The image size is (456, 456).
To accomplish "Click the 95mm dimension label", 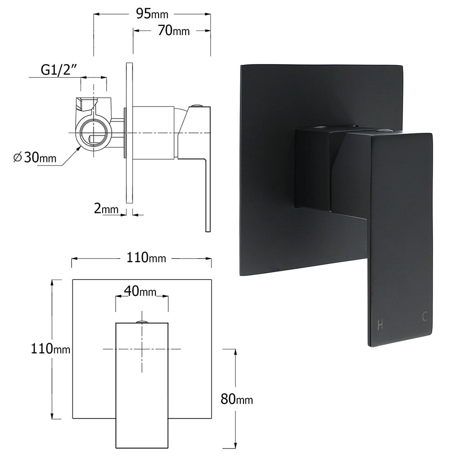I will coord(152,14).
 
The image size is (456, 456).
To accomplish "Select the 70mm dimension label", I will coord(174,31).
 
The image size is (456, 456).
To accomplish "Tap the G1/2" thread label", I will coord(58,70).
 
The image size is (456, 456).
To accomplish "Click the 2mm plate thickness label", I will coord(106,209).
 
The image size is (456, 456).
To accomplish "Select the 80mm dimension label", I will coord(236,399).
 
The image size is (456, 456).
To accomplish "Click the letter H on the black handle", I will coord(379,325).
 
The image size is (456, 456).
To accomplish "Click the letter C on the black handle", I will coord(424,316).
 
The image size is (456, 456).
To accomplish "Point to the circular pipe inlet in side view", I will coord(94,133).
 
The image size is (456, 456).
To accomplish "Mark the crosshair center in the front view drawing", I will coord(142,349).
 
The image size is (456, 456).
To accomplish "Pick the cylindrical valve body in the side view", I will coord(153,133).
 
